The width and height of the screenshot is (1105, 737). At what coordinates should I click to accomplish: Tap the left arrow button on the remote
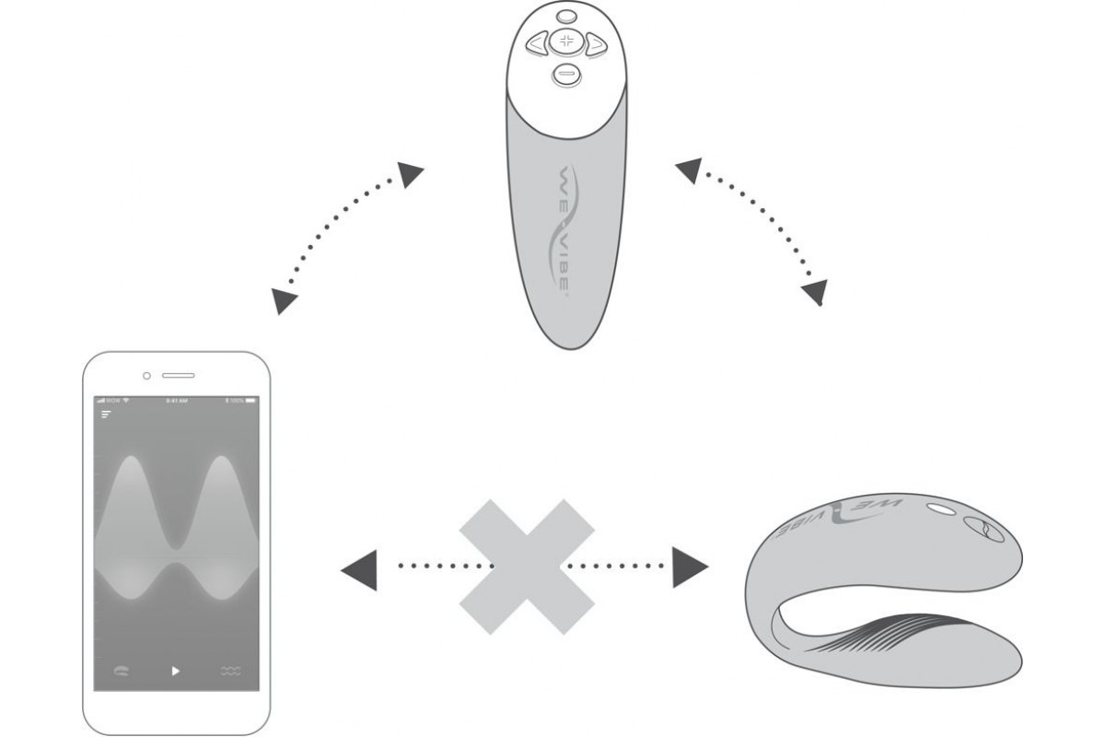536,42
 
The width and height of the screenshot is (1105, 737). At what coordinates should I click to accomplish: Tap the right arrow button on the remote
596,42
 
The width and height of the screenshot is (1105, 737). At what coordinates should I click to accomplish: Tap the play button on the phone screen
176,671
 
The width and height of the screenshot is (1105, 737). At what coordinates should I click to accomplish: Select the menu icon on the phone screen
106,415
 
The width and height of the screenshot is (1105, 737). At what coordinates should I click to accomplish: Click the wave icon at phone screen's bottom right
231,672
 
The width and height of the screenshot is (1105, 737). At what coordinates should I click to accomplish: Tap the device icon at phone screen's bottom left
121,672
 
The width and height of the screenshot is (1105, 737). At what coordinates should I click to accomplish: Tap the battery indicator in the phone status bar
248,402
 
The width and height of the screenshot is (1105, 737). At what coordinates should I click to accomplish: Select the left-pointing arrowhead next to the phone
358,565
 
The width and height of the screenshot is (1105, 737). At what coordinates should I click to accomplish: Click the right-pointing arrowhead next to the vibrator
689,565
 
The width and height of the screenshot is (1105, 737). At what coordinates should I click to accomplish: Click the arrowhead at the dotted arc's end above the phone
285,300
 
